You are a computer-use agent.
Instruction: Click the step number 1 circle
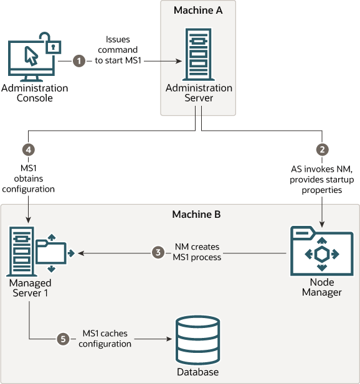click(78, 61)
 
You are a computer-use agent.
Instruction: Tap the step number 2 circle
click(322, 149)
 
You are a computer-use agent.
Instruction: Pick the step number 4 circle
click(27, 149)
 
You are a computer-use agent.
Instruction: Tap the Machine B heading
click(196, 214)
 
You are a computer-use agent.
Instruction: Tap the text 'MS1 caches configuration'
click(107, 339)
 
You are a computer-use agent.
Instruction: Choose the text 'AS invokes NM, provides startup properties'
click(322, 179)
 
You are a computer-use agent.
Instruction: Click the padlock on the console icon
click(55, 47)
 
